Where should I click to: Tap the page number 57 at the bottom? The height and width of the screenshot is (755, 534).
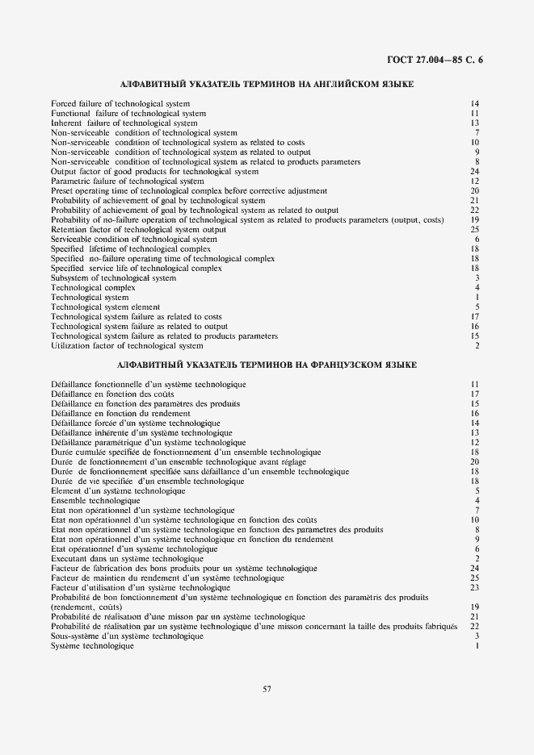click(x=267, y=688)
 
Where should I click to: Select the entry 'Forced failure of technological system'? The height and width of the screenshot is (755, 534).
click(x=120, y=104)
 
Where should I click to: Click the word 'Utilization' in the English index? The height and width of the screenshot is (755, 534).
click(x=69, y=346)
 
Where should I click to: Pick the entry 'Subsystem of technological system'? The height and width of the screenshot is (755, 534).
click(x=113, y=278)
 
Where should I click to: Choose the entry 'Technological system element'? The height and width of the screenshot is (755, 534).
click(x=105, y=307)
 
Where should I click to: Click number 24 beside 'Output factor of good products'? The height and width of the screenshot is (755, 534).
click(x=475, y=172)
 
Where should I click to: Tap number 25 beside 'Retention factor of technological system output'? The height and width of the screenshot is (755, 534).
click(x=475, y=230)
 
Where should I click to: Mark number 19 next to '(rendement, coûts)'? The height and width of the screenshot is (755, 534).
click(x=475, y=607)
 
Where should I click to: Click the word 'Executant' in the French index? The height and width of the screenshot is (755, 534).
click(x=68, y=558)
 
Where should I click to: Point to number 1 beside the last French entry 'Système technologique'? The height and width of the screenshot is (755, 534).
click(x=477, y=645)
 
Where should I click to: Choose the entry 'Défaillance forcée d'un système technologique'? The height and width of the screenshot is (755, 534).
click(x=135, y=423)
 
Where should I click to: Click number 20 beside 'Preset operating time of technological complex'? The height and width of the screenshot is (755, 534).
click(x=475, y=191)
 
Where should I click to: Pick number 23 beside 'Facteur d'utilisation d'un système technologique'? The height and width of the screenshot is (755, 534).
click(x=475, y=587)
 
